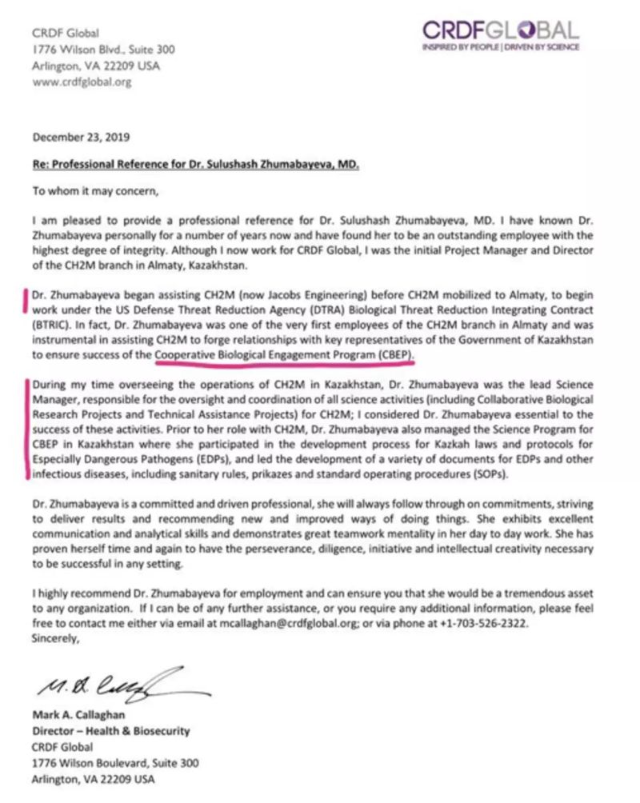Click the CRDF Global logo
coord(501,32)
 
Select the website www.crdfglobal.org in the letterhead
coord(82,82)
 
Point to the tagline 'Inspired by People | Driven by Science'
coord(501,48)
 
